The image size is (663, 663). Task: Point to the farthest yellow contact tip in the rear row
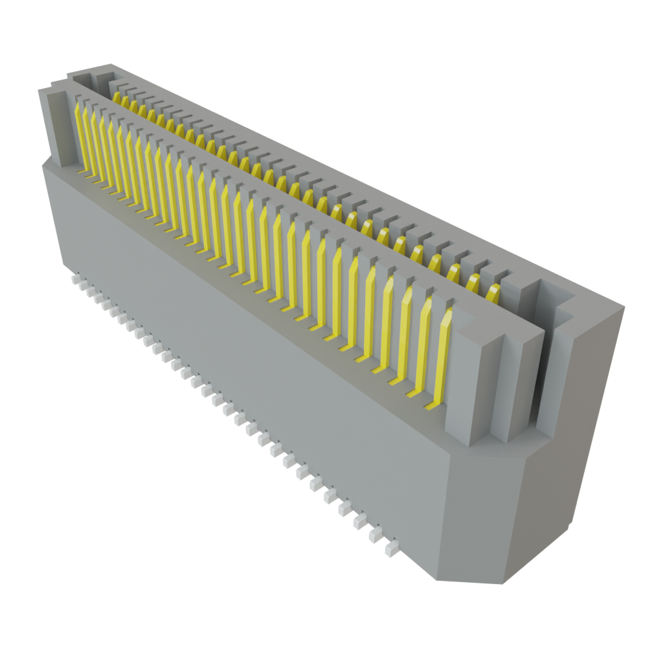[x=117, y=98]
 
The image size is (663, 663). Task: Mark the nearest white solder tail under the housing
[x=390, y=550]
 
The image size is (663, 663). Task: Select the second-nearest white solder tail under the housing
[x=375, y=535]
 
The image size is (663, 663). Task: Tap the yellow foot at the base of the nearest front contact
[x=431, y=407]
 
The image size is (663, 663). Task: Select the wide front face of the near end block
[x=466, y=382]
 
